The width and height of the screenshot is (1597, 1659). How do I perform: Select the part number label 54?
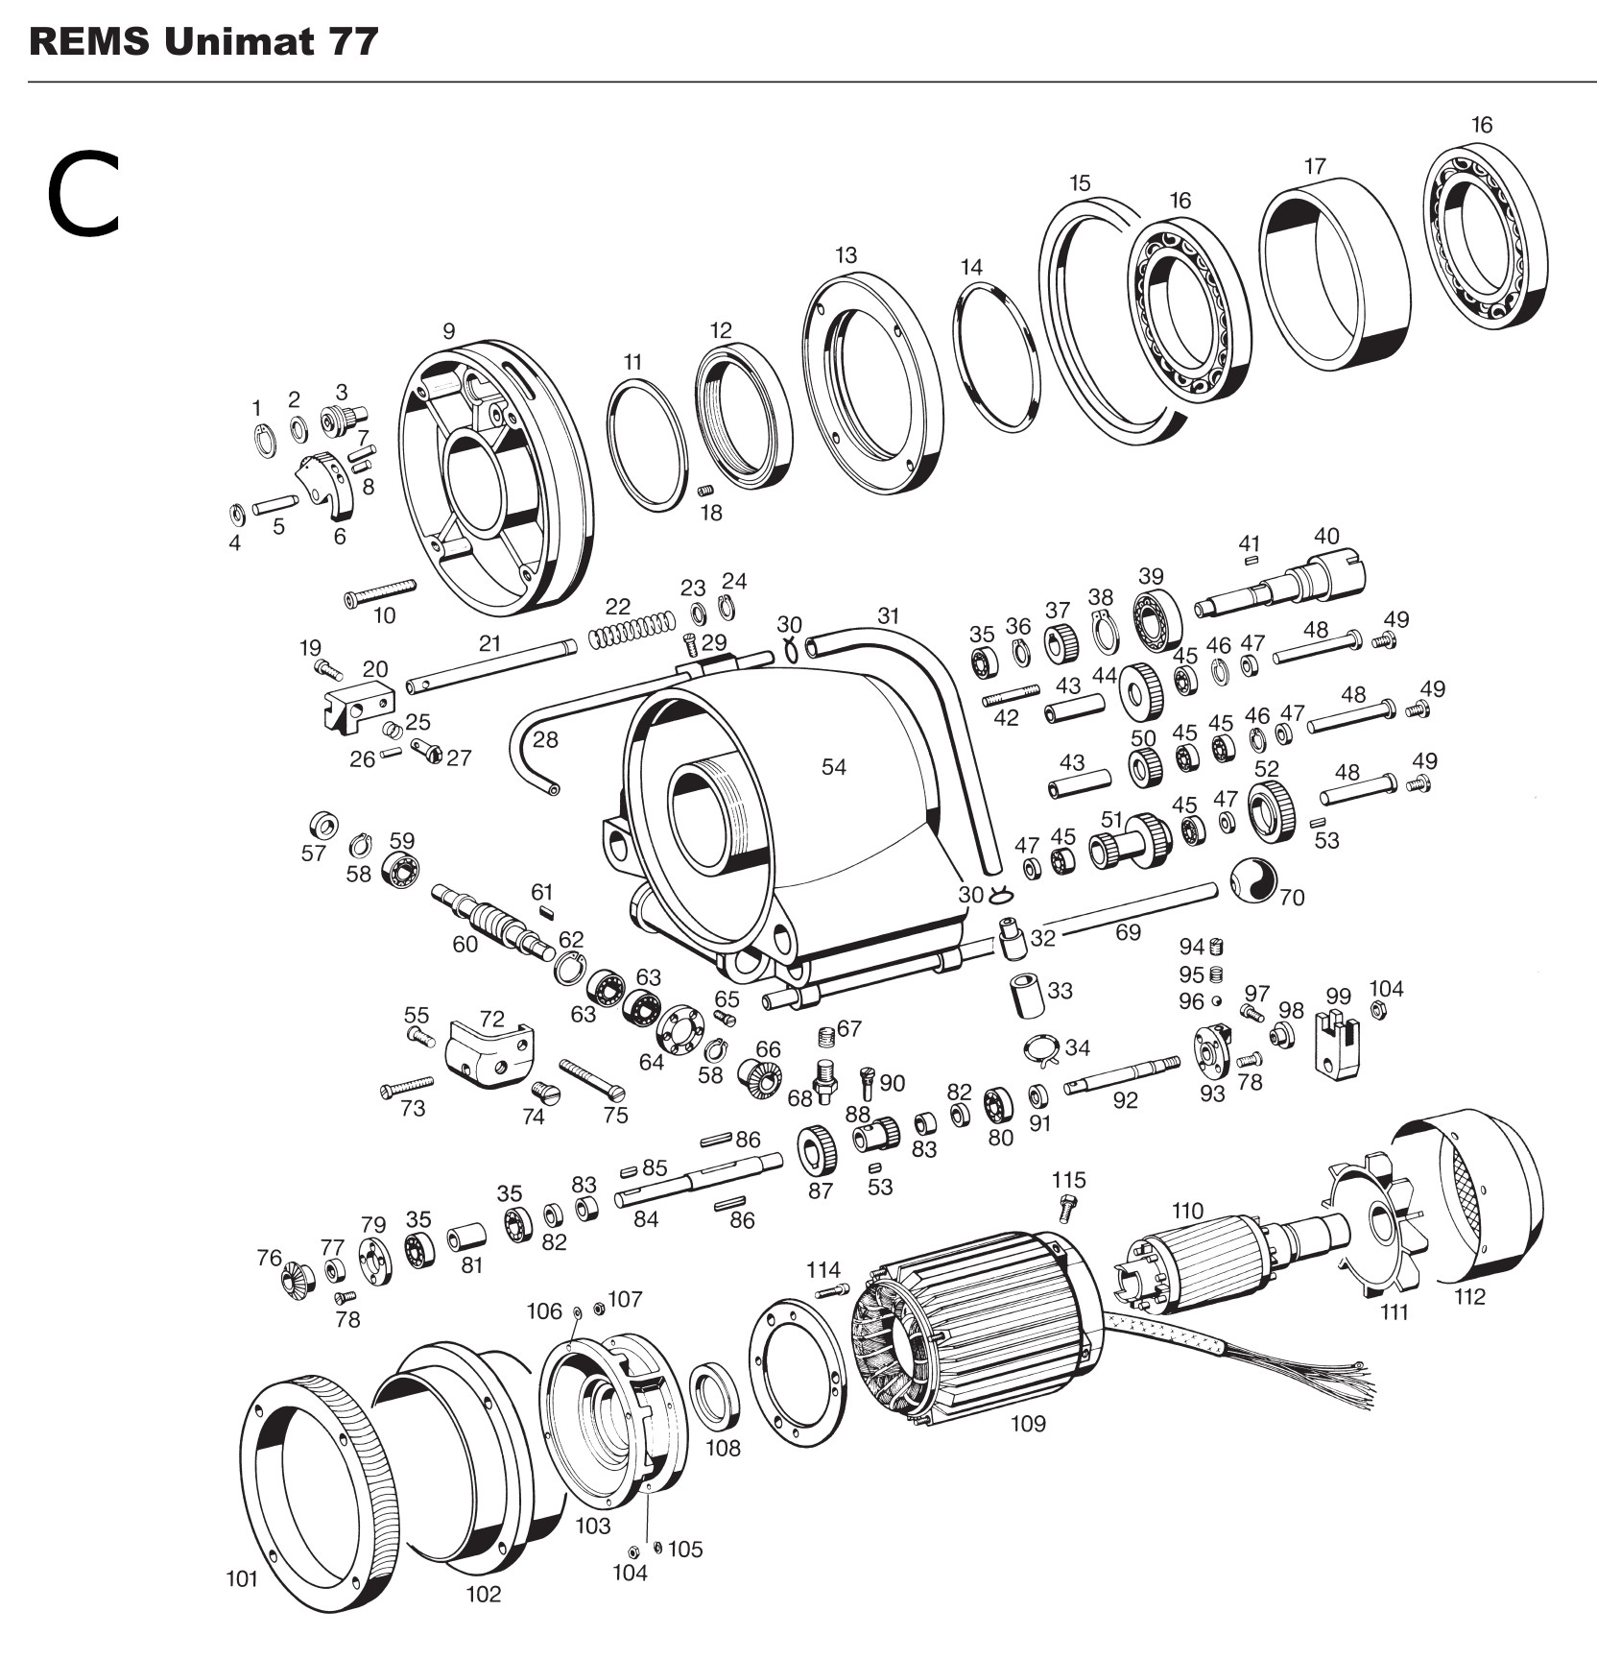tap(834, 766)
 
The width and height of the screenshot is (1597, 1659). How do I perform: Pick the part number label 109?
tap(1028, 1424)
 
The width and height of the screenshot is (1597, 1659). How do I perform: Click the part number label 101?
tap(242, 1578)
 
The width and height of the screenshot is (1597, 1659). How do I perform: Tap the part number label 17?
tap(1315, 166)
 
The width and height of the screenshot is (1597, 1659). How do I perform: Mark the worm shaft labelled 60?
tap(494, 920)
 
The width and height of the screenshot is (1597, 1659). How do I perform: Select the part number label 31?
tap(889, 614)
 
